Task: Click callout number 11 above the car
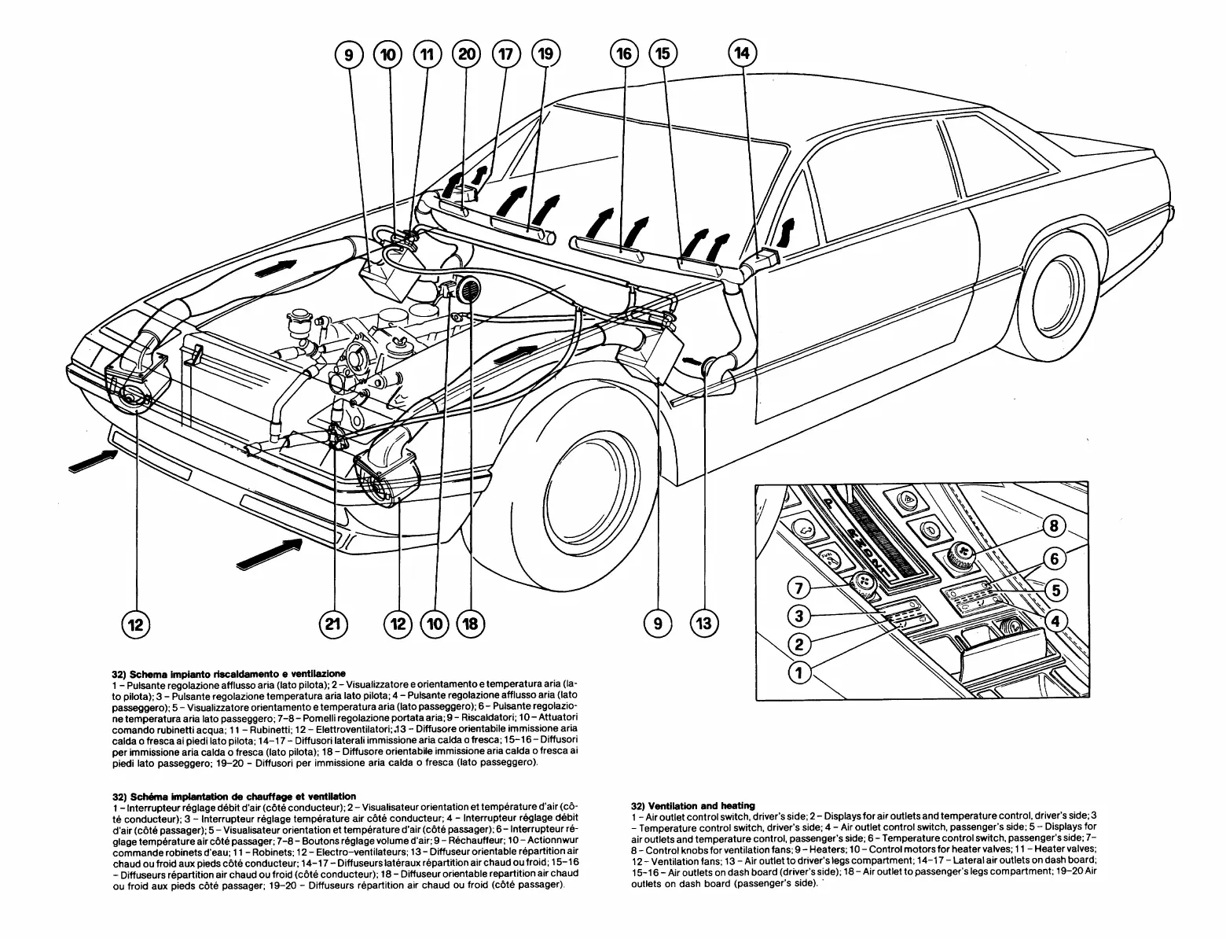427,55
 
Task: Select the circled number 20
467,55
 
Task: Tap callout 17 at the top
505,55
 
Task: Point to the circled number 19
545,55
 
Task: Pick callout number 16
624,54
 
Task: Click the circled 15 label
663,54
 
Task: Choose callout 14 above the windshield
742,53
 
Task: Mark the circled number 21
333,624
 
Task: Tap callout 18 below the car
470,624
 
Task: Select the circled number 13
703,624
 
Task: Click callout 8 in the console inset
1055,527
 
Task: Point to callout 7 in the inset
800,588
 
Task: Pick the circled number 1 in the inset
800,673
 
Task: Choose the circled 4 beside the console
1055,621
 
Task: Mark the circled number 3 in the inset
800,617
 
